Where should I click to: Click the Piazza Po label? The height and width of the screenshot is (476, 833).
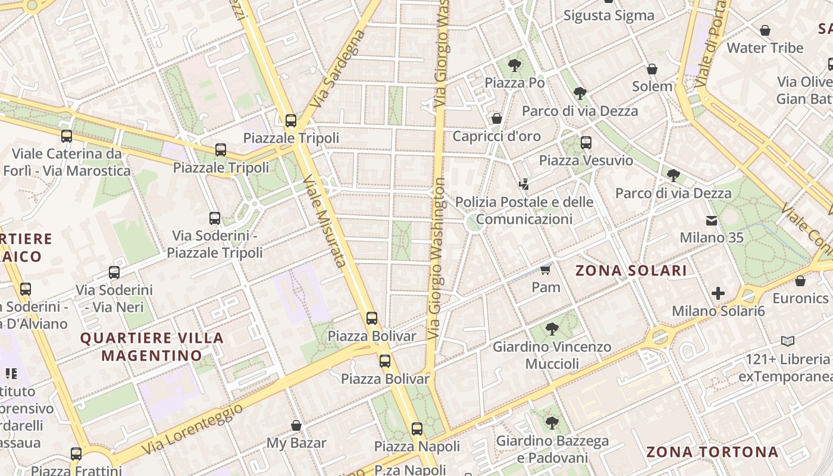click(x=515, y=83)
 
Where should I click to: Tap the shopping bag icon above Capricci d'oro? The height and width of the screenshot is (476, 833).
click(x=497, y=118)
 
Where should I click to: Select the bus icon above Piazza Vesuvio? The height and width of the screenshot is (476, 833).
click(x=586, y=143)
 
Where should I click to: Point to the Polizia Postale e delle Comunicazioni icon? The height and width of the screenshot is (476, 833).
click(x=524, y=184)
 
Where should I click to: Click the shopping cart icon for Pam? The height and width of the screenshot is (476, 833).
click(x=546, y=270)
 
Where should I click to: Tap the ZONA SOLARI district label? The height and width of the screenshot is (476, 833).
click(x=631, y=271)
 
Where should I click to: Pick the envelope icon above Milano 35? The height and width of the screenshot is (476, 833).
click(x=712, y=221)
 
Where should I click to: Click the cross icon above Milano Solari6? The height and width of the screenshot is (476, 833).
click(x=718, y=293)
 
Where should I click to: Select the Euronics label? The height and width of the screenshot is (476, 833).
click(x=800, y=298)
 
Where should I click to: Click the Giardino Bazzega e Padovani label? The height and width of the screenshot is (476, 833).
click(x=552, y=449)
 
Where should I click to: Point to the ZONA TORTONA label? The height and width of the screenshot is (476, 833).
click(x=712, y=452)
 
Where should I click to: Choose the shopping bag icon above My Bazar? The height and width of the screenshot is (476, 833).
click(x=296, y=425)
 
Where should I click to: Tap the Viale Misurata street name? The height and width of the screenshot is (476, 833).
click(x=325, y=221)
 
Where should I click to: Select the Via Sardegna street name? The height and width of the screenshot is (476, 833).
click(x=337, y=69)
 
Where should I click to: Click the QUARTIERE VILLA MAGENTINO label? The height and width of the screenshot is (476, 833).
click(x=152, y=347)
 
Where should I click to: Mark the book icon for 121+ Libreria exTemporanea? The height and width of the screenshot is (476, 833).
click(x=788, y=342)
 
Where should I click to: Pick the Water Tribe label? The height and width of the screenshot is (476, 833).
click(x=765, y=48)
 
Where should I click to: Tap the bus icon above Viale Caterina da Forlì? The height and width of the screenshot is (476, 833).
click(x=67, y=136)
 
